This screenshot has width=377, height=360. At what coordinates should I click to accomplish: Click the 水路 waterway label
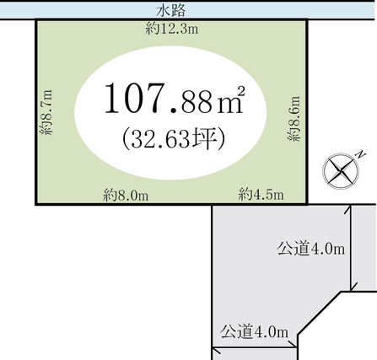[x=171, y=11]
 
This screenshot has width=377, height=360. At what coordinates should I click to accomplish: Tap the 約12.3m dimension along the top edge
[x=172, y=29]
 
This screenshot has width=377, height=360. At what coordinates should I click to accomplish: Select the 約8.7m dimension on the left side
[x=46, y=112]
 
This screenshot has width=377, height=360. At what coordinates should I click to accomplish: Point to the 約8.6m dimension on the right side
[x=294, y=118]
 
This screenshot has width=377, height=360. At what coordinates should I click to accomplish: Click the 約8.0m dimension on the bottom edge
[x=126, y=195]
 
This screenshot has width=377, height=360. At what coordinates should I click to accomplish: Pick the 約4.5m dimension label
[x=261, y=194]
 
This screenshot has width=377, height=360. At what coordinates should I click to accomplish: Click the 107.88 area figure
[x=159, y=99]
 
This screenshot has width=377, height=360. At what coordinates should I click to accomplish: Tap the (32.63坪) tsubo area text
[x=174, y=138]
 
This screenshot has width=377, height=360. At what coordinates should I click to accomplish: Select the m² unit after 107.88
[x=231, y=99]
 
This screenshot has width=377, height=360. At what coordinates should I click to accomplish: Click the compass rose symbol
[x=341, y=171]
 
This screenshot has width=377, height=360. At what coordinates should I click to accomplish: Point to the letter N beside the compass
[x=360, y=154]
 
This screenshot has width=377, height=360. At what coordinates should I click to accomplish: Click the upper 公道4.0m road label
[x=311, y=249]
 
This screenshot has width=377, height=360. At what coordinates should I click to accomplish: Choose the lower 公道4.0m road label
[x=254, y=332]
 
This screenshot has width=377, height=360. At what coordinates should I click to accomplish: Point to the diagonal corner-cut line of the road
[x=320, y=313]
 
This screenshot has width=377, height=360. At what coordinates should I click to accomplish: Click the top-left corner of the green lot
[x=36, y=19]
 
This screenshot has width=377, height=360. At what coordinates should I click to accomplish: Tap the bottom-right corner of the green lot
[x=307, y=204]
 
